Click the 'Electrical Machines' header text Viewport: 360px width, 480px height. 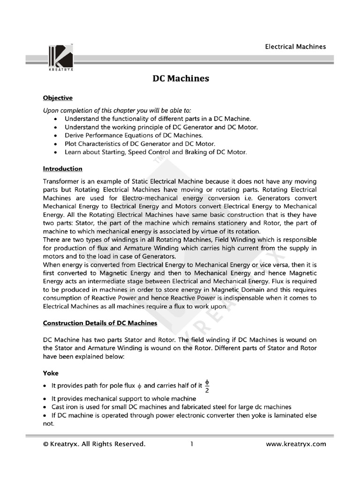tap(295, 46)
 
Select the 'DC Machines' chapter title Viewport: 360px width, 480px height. tap(181, 78)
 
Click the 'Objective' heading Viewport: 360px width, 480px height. tap(58, 98)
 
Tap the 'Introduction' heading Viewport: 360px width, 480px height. tap(62, 168)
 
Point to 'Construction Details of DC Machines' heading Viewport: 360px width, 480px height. tap(100, 323)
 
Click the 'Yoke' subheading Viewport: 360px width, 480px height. tap(51, 373)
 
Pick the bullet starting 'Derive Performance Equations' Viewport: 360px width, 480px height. tap(127, 135)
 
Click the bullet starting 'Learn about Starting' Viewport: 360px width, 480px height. tap(155, 152)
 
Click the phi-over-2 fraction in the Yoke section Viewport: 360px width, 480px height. tap(207, 385)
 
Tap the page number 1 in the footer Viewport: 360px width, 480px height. tap(192, 444)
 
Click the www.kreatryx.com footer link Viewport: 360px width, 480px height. tap(295, 444)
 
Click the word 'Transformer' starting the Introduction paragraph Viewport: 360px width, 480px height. tap(62, 181)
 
